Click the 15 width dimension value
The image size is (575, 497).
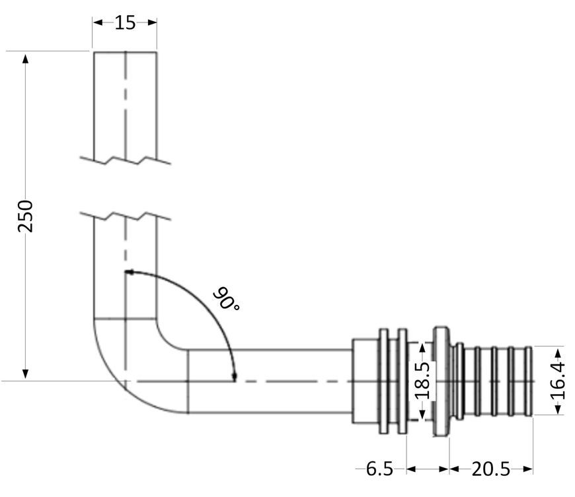(x=125, y=22)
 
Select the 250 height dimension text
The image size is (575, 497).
(x=25, y=216)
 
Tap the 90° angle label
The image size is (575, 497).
(x=226, y=299)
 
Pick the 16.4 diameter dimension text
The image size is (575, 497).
(x=557, y=381)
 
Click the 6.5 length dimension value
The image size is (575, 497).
(x=379, y=469)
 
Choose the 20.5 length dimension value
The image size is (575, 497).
(x=490, y=469)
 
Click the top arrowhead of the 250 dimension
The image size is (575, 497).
(x=25, y=59)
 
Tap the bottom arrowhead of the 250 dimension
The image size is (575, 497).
(x=25, y=374)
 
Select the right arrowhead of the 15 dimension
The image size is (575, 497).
(x=152, y=22)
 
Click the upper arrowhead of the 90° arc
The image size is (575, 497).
(x=130, y=272)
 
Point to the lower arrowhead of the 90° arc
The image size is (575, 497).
(x=235, y=376)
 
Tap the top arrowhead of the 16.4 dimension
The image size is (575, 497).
(x=558, y=352)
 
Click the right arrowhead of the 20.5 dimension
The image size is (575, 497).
(x=529, y=469)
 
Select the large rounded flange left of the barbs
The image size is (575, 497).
(x=441, y=381)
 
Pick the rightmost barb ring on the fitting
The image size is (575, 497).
(x=529, y=381)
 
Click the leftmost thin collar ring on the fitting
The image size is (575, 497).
(x=383, y=381)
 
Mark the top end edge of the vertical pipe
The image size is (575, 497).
(x=126, y=52)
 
